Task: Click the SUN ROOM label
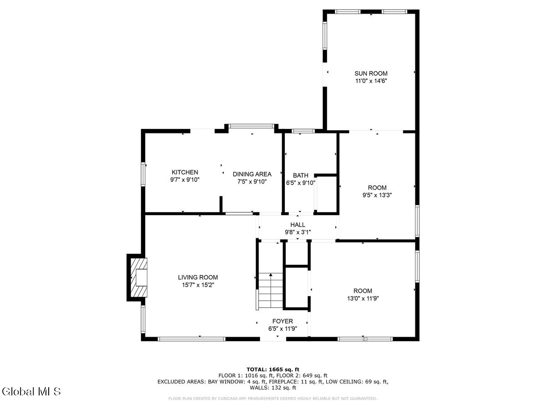[371, 73]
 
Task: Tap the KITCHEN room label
[185, 172]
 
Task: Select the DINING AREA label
[252, 174]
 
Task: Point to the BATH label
[300, 175]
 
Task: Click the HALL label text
[298, 225]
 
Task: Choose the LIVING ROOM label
[197, 277]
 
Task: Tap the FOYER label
[283, 321]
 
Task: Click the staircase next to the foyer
[270, 291]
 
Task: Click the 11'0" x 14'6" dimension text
[371, 81]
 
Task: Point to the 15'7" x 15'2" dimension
[197, 285]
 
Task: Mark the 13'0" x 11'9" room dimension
[363, 298]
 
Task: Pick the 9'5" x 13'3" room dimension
[377, 195]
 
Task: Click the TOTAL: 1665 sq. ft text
[273, 369]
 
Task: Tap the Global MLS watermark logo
[31, 391]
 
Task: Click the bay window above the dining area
[252, 126]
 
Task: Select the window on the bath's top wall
[303, 131]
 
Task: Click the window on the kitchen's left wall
[143, 174]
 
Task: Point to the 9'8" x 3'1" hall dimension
[298, 232]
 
